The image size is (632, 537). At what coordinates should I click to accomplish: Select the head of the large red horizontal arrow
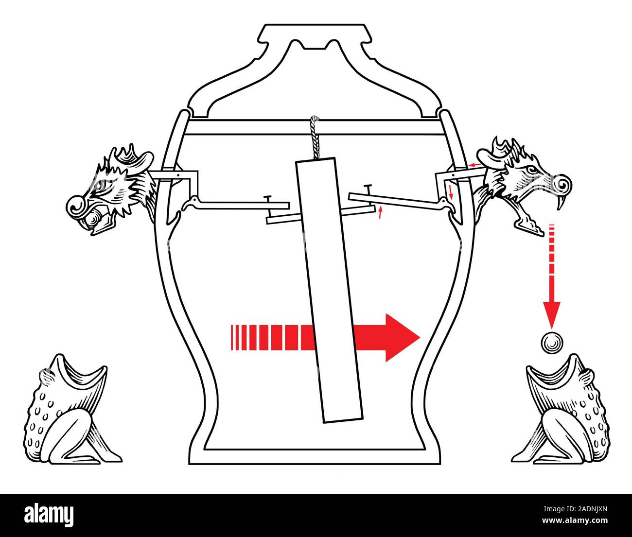(x=401, y=337)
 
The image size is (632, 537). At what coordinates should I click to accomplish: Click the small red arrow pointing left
(x=475, y=165)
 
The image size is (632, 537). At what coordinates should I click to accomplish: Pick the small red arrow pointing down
(x=451, y=192)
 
